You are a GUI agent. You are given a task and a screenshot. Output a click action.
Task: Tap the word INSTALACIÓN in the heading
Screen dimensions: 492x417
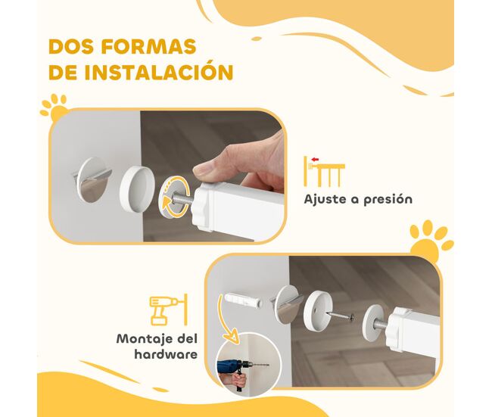(159, 72)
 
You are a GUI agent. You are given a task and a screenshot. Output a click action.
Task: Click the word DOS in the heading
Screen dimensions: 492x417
(71, 47)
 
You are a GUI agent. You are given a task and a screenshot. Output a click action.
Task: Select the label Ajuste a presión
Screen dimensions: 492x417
(358, 200)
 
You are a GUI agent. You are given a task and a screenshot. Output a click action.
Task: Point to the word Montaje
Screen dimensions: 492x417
(142, 339)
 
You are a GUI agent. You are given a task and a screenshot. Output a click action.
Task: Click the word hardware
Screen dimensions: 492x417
(166, 354)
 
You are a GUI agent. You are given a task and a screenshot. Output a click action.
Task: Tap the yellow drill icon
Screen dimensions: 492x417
(168, 310)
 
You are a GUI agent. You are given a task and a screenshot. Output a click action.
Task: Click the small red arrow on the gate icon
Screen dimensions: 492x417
(315, 160)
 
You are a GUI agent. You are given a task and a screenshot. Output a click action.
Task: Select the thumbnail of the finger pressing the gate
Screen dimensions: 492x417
(167, 176)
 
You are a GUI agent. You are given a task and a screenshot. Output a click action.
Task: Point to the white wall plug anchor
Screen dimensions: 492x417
(243, 300)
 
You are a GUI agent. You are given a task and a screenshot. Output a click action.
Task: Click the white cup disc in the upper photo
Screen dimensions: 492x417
(137, 188)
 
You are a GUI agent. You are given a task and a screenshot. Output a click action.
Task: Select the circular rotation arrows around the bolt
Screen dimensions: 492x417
(176, 197)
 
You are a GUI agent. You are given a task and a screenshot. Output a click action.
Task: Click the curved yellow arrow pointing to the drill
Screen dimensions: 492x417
(228, 322)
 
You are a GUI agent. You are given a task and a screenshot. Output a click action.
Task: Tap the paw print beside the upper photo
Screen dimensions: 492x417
(54, 107)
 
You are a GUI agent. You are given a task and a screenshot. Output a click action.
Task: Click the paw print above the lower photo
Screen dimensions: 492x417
(431, 240)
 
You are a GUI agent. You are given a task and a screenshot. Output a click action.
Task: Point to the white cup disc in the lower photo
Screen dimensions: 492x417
(318, 310)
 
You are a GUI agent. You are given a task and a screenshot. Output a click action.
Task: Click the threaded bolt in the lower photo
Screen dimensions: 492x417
(381, 325)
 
